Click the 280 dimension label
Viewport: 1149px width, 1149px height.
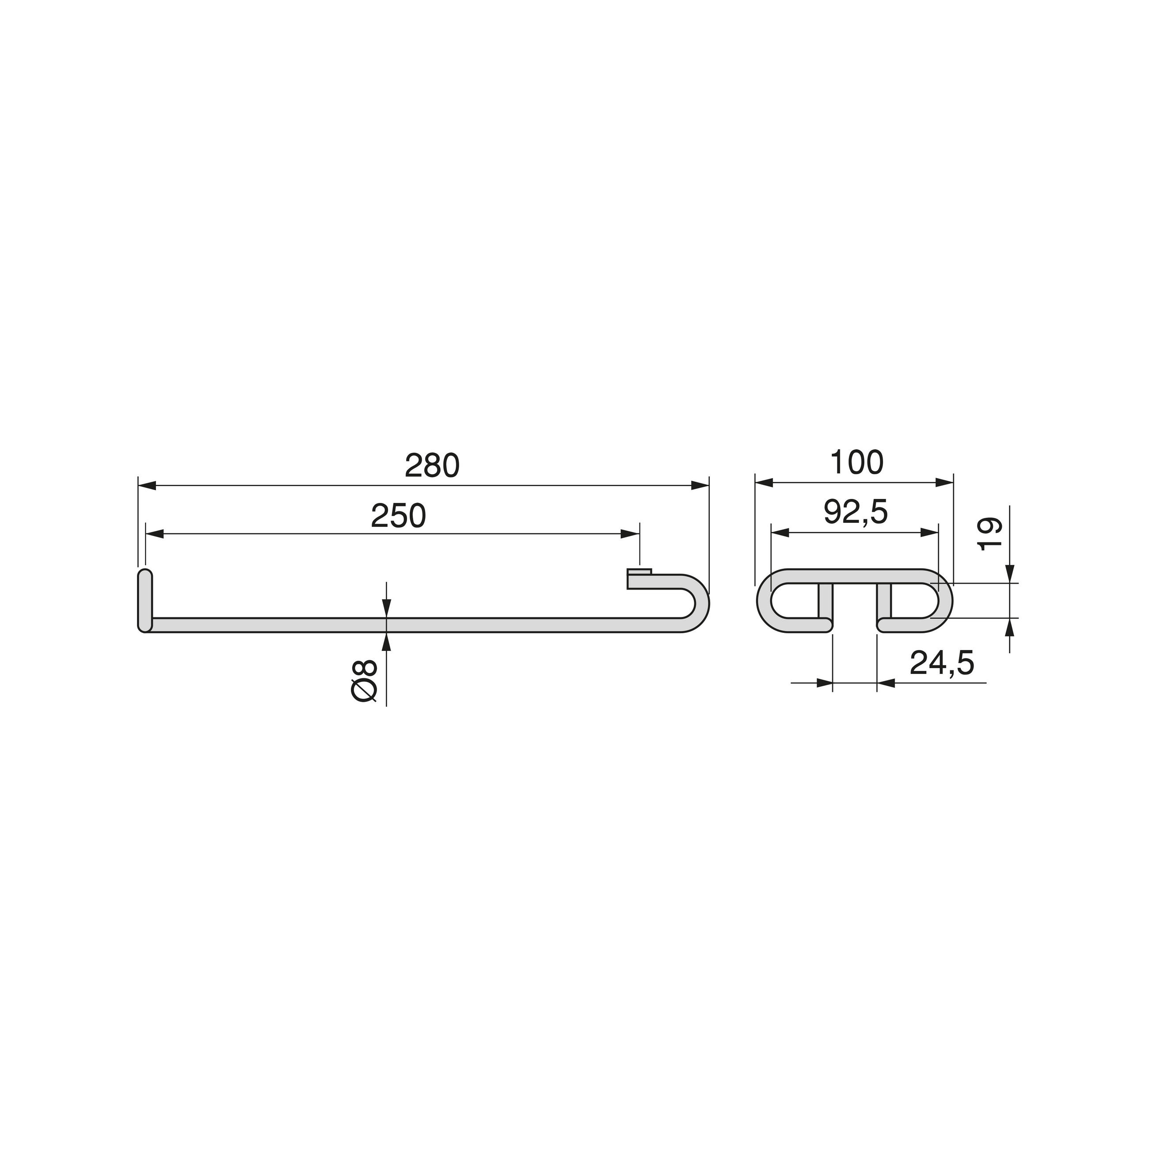pyautogui.click(x=432, y=466)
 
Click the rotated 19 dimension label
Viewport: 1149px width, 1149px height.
pyautogui.click(x=990, y=534)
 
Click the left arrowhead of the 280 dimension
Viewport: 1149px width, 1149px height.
pyautogui.click(x=146, y=486)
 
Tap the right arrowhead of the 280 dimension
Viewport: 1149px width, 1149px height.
pyautogui.click(x=700, y=486)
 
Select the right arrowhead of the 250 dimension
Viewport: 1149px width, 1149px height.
pyautogui.click(x=631, y=534)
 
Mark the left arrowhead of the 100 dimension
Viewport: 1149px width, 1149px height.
pyautogui.click(x=764, y=482)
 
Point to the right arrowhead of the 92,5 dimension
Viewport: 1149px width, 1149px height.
pyautogui.click(x=929, y=532)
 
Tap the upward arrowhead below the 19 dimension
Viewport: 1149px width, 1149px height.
pyautogui.click(x=1010, y=628)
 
